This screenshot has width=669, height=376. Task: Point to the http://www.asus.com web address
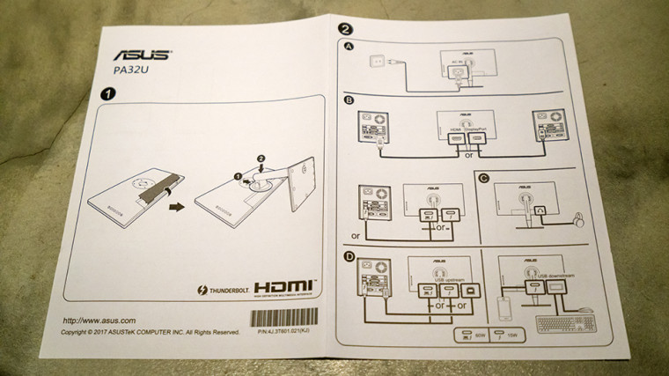pyautogui.click(x=99, y=320)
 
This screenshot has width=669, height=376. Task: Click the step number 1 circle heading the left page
pyautogui.click(x=107, y=92)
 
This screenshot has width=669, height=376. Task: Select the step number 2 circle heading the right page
pyautogui.click(x=345, y=27)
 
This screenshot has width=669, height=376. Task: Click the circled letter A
pyautogui.click(x=350, y=48)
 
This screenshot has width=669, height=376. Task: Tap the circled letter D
pyautogui.click(x=350, y=257)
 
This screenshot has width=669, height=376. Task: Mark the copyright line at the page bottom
pyautogui.click(x=150, y=333)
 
